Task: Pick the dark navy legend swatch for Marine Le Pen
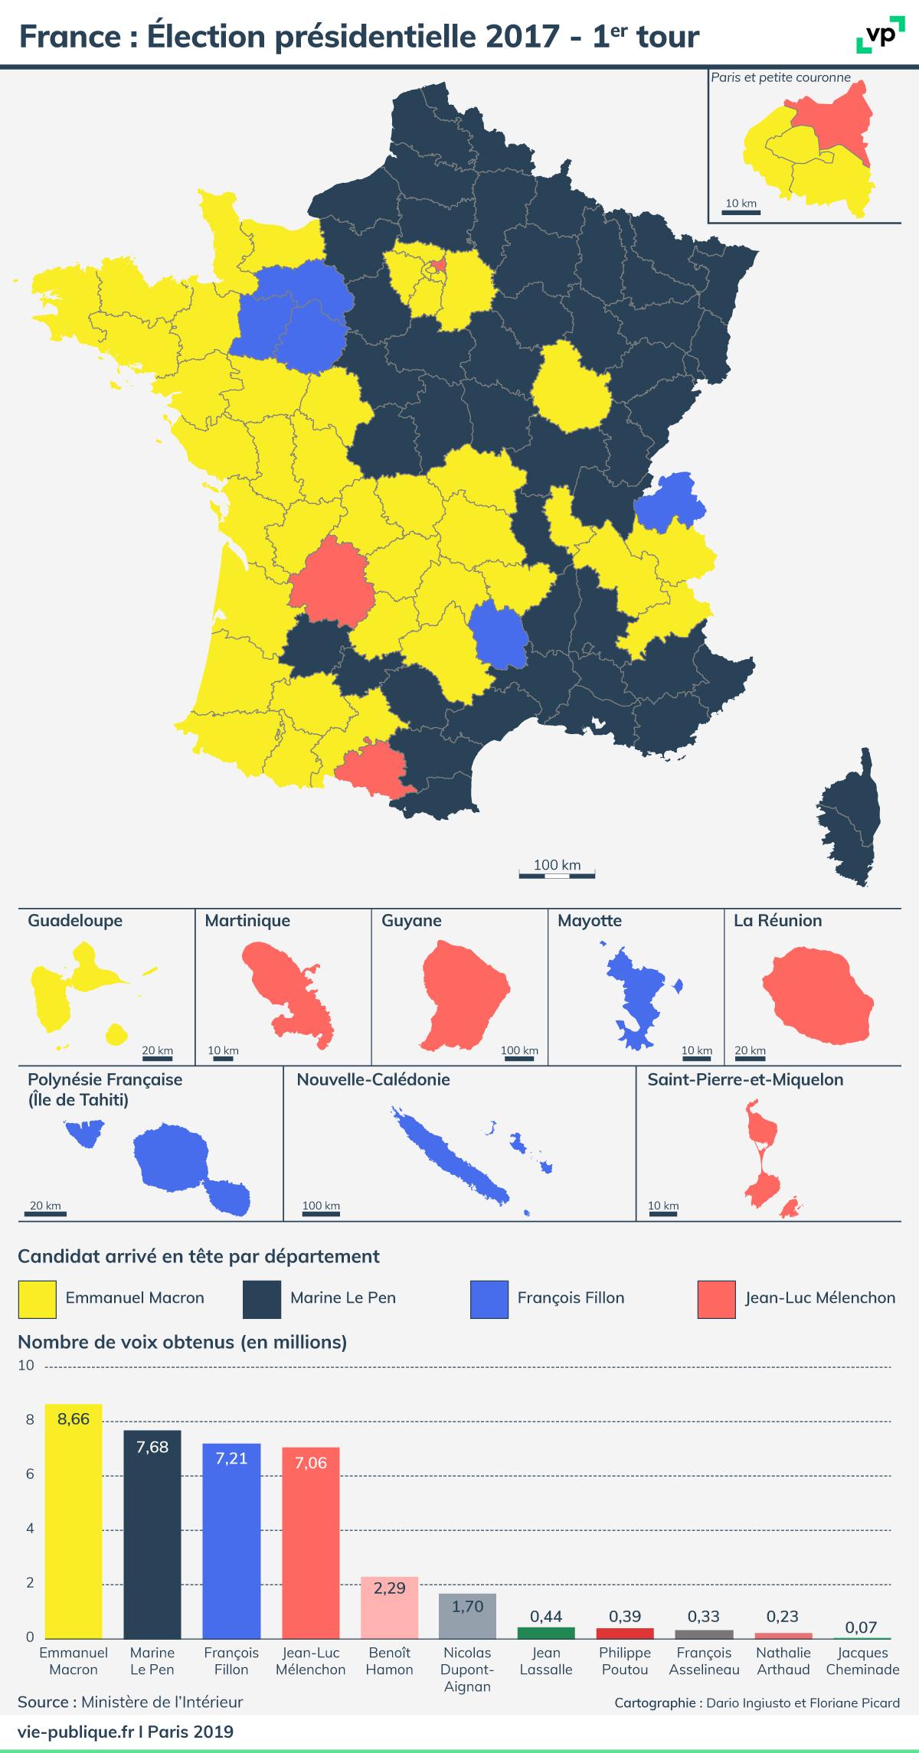tap(261, 1297)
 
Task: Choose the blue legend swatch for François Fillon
tap(489, 1297)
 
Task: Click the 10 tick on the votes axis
tap(27, 1365)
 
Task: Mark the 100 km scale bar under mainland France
tap(557, 874)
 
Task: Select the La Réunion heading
tap(777, 921)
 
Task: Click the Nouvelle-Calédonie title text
tap(373, 1079)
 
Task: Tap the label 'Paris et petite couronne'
tap(780, 77)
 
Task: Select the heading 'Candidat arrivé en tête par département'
tap(198, 1256)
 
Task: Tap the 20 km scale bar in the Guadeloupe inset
tap(158, 1059)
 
